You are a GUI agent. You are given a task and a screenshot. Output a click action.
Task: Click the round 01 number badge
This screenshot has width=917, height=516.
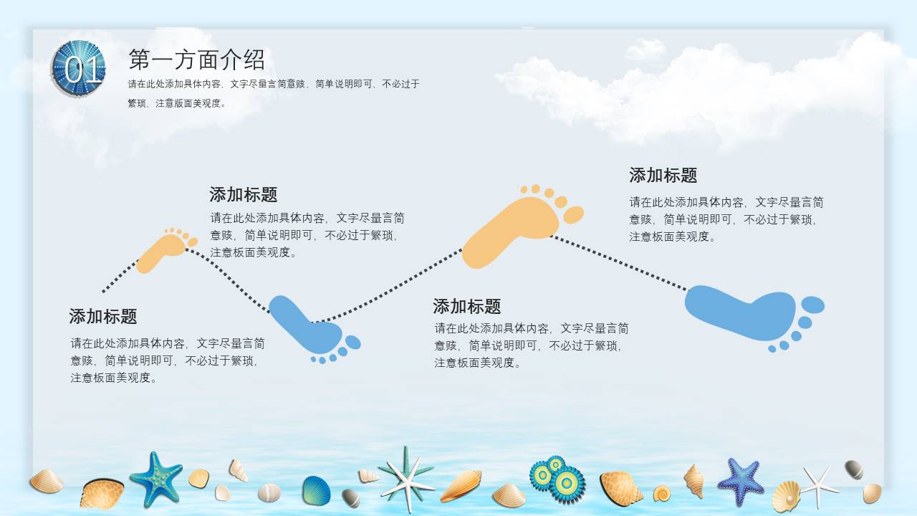coord(79,69)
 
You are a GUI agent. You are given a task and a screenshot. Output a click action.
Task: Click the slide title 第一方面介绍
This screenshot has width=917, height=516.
coord(196,59)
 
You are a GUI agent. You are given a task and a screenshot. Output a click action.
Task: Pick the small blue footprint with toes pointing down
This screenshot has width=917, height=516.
coord(308,327)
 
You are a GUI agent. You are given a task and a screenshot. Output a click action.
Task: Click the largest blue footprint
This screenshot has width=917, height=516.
coord(745,312)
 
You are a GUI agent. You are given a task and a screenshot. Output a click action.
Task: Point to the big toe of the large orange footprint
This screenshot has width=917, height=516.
coord(573,214)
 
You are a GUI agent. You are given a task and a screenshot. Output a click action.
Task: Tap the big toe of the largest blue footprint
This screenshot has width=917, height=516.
coord(812,305)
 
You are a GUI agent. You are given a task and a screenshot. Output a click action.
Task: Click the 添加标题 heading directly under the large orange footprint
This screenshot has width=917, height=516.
coord(466,307)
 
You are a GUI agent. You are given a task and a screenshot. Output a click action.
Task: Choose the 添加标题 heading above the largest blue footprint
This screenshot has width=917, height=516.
coord(663,176)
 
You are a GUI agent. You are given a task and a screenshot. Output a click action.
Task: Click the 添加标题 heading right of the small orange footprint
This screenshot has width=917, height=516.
coord(243,195)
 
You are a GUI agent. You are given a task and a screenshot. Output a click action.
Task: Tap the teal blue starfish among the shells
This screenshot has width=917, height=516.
coord(155,478)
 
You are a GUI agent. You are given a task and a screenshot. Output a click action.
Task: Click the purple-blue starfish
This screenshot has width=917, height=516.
coord(741,480)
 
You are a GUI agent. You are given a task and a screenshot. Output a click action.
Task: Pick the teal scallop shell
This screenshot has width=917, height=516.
coord(316,491)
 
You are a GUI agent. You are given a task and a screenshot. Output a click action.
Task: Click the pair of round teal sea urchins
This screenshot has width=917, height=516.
coord(557,478)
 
